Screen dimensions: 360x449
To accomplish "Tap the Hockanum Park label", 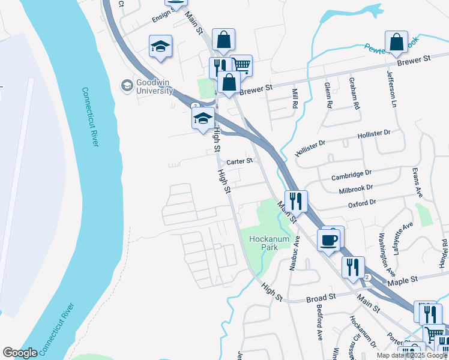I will pyautogui.click(x=270, y=243).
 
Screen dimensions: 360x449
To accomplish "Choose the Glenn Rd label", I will pyautogui.click(x=329, y=95).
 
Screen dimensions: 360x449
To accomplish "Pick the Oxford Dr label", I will pyautogui.click(x=362, y=203).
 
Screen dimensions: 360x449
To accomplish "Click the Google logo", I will pyautogui.click(x=20, y=353).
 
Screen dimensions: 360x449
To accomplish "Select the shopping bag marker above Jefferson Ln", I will pyautogui.click(x=397, y=44).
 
